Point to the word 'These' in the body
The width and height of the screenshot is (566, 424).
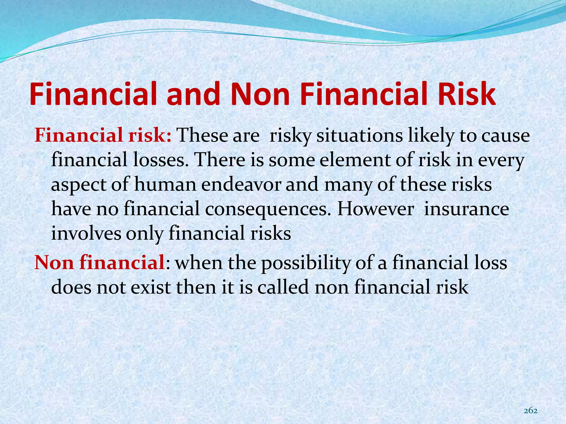tap(198, 136)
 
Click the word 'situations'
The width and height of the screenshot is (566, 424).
tap(360, 136)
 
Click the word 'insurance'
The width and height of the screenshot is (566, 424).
tap(467, 209)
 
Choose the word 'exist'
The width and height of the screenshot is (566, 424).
tap(151, 287)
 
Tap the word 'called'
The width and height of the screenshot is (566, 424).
tap(283, 287)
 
